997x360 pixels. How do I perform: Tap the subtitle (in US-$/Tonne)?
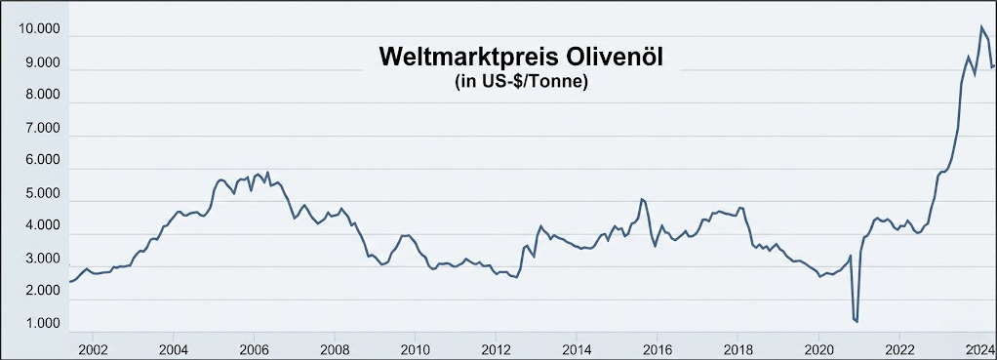[x=520, y=82]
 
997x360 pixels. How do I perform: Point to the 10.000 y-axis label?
[x=39, y=30]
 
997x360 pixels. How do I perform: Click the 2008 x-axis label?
[x=335, y=348]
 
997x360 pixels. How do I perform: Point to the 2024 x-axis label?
[x=978, y=348]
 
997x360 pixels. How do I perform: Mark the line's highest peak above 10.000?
[x=981, y=26]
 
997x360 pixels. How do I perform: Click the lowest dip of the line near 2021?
[x=857, y=321]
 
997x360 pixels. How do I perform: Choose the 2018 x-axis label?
[x=738, y=348]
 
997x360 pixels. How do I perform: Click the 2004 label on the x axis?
[x=173, y=348]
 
